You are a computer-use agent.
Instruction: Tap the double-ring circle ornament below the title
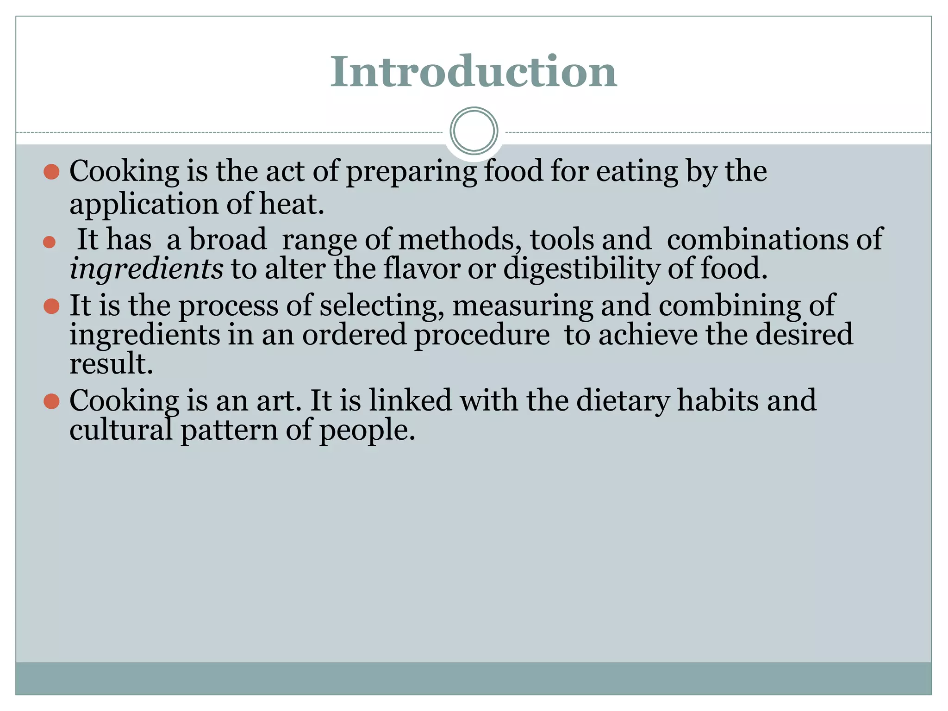coord(474,131)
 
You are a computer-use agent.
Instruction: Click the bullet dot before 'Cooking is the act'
coord(51,172)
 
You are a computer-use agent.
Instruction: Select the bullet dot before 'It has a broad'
coord(49,242)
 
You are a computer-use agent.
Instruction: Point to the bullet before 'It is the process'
coord(51,306)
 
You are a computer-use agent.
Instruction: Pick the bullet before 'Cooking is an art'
coord(51,401)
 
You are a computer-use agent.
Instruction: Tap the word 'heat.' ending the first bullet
coord(292,204)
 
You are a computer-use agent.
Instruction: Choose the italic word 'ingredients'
coord(146,269)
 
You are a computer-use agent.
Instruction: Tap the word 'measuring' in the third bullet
coord(523,306)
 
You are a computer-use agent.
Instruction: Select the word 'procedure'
coord(482,335)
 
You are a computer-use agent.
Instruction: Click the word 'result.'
coord(111,363)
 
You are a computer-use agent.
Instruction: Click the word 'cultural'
coord(121,430)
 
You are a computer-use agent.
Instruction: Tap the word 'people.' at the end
coord(367,430)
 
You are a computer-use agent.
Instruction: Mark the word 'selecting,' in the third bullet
coord(382,306)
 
